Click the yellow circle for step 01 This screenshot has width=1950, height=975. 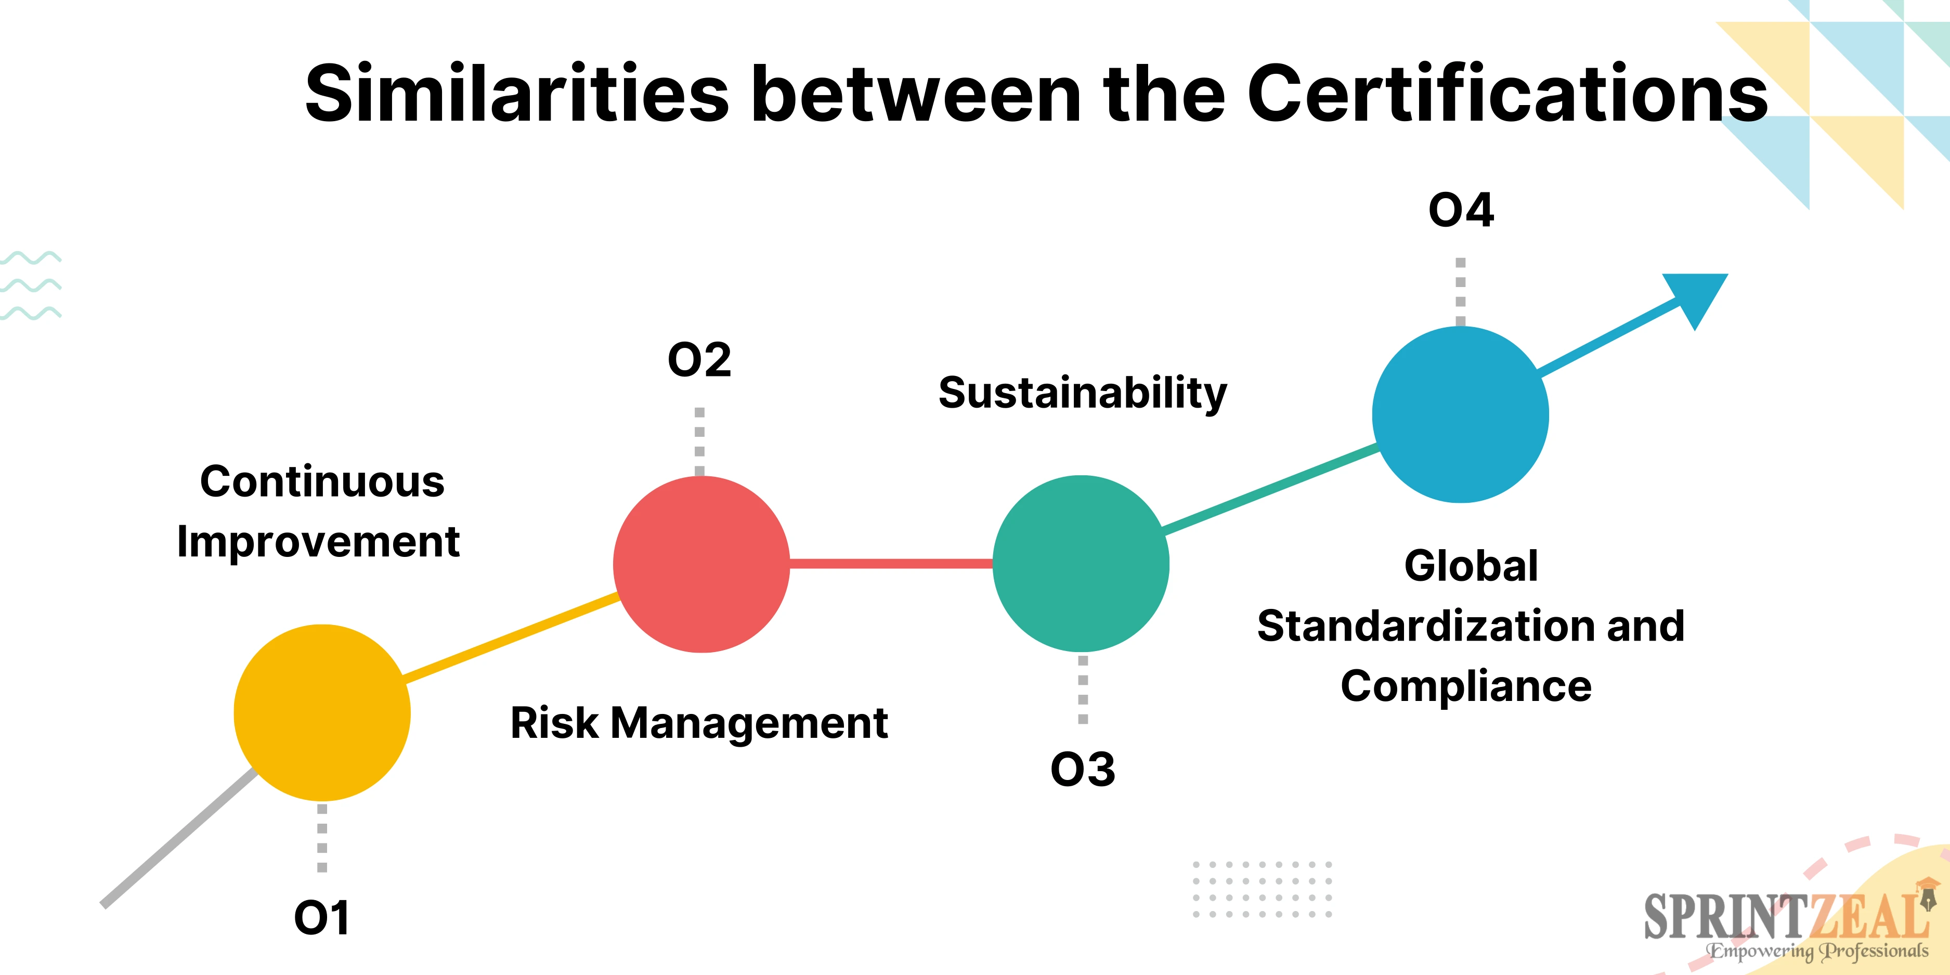[322, 712]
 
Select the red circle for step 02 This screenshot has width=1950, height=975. [701, 564]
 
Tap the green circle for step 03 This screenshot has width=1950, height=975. [1081, 563]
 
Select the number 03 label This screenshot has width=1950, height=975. [1083, 769]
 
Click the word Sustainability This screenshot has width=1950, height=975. [1083, 393]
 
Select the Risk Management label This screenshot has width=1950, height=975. [699, 723]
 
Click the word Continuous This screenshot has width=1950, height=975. [322, 482]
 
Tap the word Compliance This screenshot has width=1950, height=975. [1466, 686]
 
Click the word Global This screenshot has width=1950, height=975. [1471, 565]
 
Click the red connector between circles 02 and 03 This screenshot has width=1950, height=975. [891, 563]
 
